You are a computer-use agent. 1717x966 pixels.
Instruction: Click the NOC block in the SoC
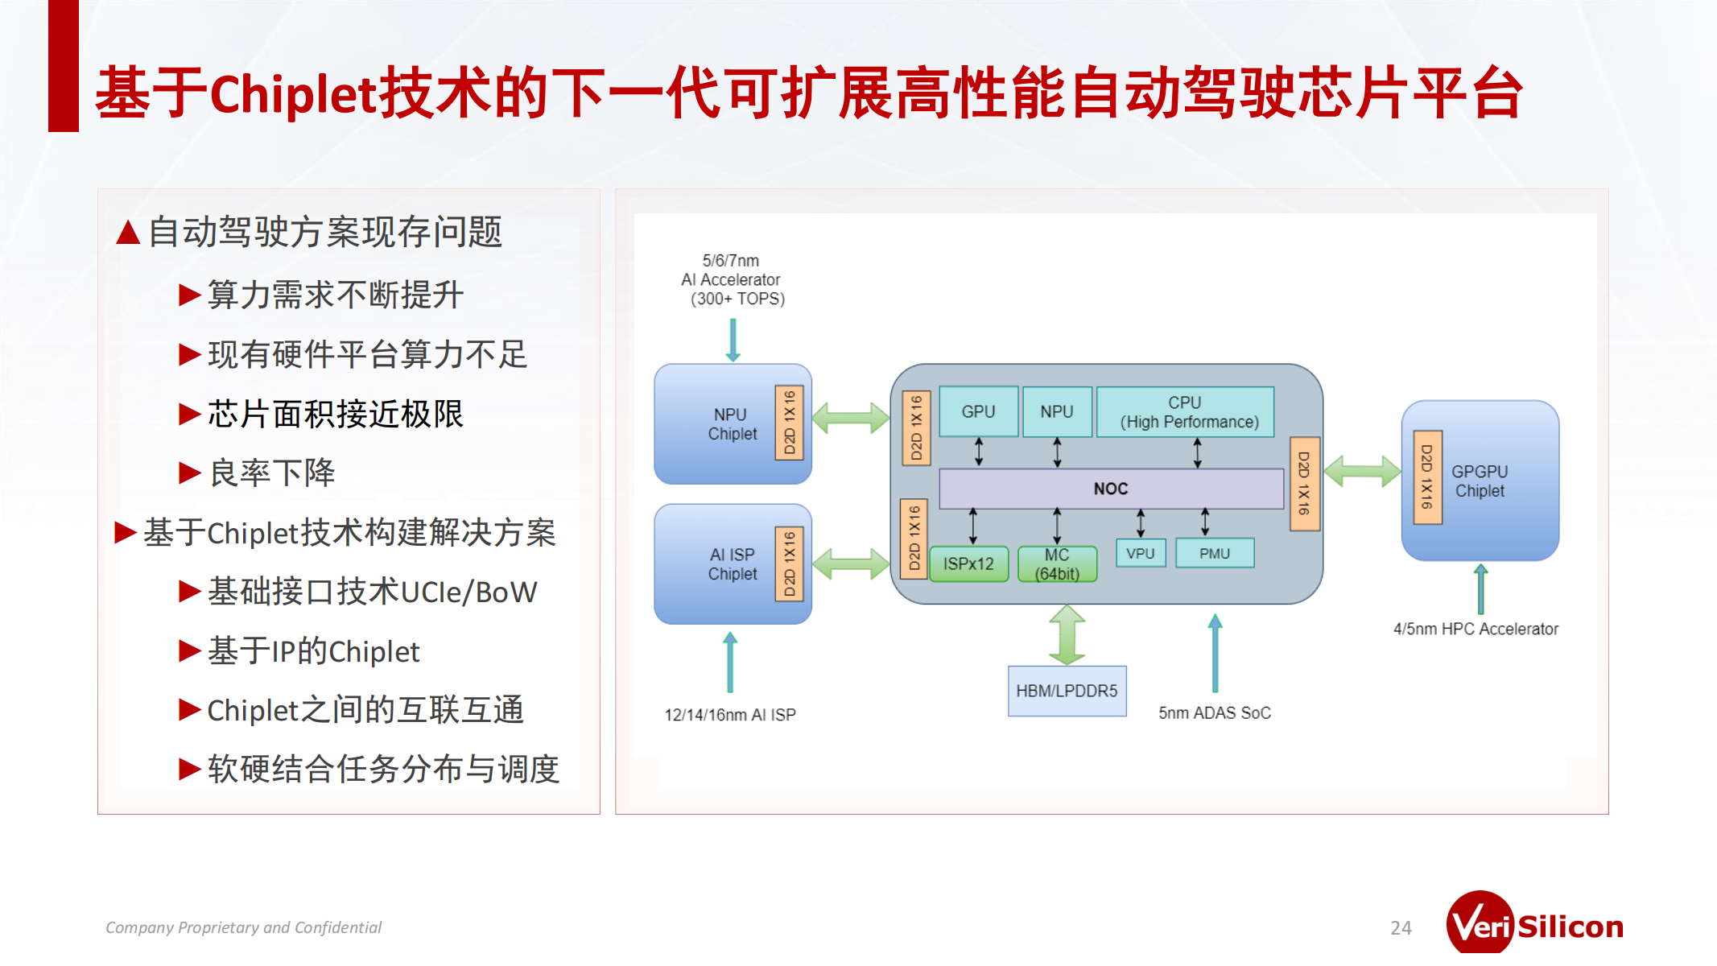click(1111, 489)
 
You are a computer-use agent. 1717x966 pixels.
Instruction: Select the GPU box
click(978, 411)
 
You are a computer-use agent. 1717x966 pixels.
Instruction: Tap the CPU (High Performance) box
click(1185, 412)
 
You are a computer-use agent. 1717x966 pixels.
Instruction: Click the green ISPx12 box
click(968, 563)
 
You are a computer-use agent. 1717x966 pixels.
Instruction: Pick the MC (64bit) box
click(1057, 564)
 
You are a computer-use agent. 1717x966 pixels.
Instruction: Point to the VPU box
click(1140, 554)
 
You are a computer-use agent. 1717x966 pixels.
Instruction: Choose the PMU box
click(1214, 554)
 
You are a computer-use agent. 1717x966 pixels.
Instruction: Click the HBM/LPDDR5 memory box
click(1067, 691)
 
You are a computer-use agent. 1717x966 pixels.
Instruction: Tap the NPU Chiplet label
click(732, 424)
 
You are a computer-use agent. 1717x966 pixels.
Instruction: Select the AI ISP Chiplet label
click(732, 564)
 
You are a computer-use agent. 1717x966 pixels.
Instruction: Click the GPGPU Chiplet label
click(1480, 481)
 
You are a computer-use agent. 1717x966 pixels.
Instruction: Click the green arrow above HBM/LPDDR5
click(1067, 635)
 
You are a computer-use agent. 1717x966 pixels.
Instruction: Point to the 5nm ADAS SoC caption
click(1215, 713)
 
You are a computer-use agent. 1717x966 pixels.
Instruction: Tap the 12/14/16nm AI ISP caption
click(730, 715)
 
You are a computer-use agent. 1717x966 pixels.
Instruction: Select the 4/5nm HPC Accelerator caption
click(1476, 629)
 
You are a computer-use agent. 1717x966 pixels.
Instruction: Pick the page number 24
click(1401, 928)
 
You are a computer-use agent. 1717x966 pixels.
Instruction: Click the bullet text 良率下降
click(272, 473)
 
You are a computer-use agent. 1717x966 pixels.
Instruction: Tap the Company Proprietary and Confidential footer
click(243, 927)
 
